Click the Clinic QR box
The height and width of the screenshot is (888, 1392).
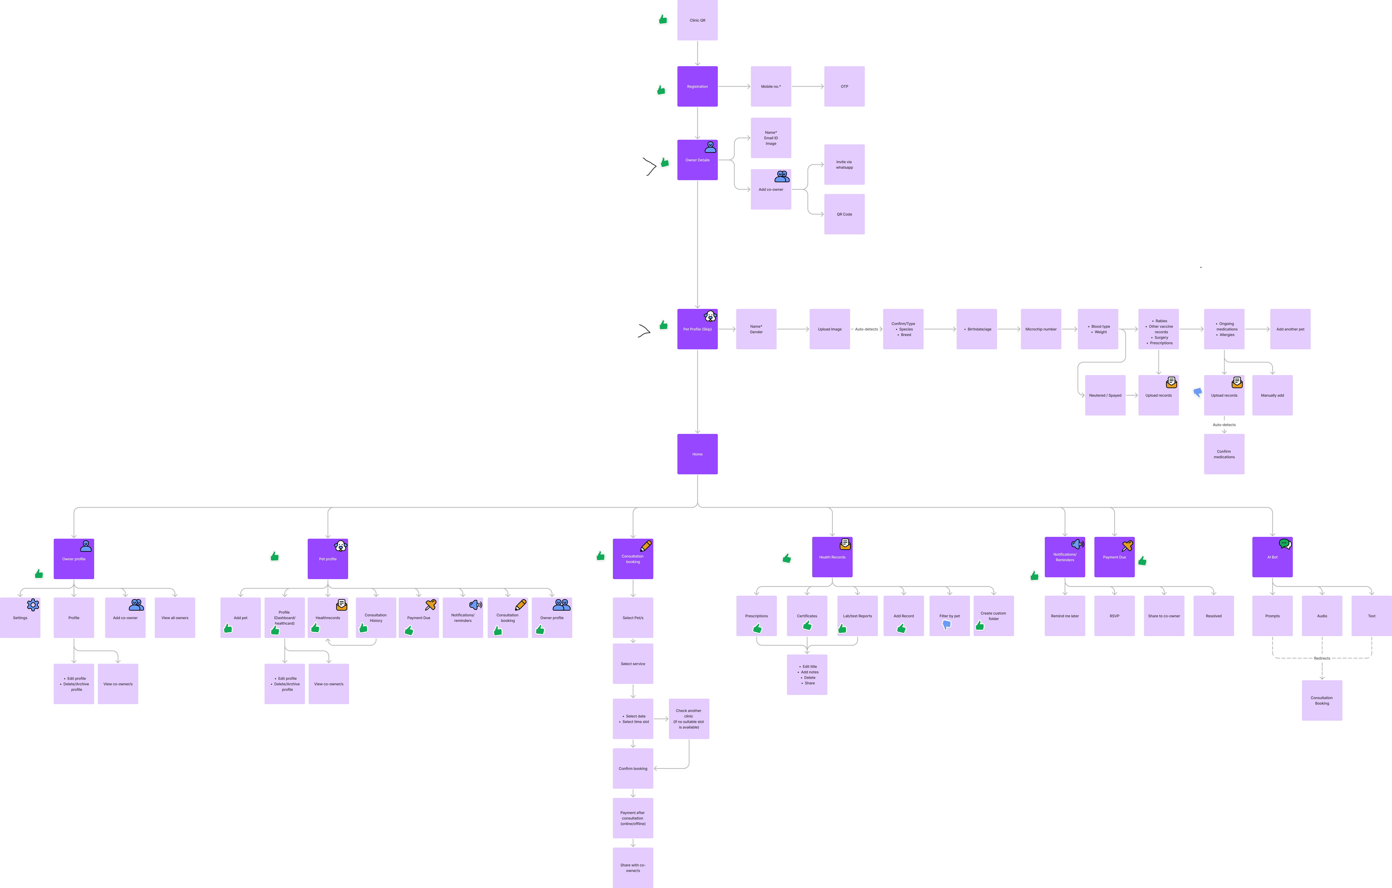point(697,20)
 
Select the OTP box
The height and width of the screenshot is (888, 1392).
point(844,86)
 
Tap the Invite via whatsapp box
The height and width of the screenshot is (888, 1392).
point(844,165)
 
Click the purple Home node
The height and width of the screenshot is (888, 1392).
point(697,454)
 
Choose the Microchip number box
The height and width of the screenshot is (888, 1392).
point(1040,329)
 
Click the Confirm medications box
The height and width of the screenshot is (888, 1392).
point(1224,454)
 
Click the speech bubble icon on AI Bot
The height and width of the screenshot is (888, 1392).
point(1285,544)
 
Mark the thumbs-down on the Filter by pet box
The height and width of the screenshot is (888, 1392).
point(946,625)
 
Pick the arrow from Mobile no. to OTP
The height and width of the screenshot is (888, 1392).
point(808,86)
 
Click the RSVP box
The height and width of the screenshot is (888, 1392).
point(1114,616)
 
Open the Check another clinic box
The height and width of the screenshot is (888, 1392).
point(688,718)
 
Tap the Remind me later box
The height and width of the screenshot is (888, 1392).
point(1064,616)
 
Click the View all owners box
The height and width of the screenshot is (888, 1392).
point(175,618)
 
